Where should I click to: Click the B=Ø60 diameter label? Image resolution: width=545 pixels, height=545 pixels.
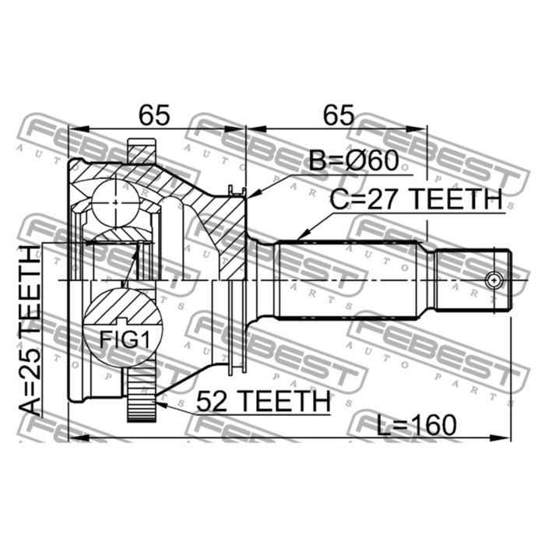click(353, 160)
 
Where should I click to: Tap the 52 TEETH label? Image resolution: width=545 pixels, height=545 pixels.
click(263, 402)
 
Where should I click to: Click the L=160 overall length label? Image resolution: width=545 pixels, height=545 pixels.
click(416, 425)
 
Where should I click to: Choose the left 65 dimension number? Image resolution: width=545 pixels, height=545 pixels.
click(154, 115)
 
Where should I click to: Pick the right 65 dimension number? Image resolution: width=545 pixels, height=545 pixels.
click(339, 115)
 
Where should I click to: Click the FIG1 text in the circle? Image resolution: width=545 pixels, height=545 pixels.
click(125, 339)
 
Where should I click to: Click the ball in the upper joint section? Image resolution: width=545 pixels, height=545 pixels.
click(115, 202)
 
